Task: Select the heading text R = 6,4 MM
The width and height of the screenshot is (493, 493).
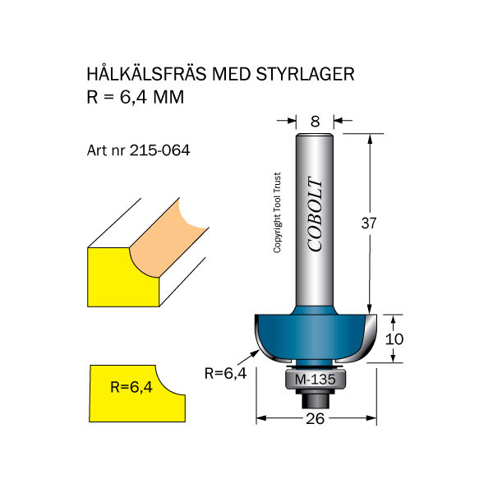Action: (135, 97)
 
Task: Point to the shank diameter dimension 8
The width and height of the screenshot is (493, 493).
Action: (315, 122)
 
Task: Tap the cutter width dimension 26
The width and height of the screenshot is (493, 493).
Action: (316, 418)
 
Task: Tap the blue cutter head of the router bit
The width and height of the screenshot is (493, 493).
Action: (316, 333)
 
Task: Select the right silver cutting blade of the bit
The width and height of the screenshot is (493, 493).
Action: (362, 341)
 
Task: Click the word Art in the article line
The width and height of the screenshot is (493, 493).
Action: (97, 151)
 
